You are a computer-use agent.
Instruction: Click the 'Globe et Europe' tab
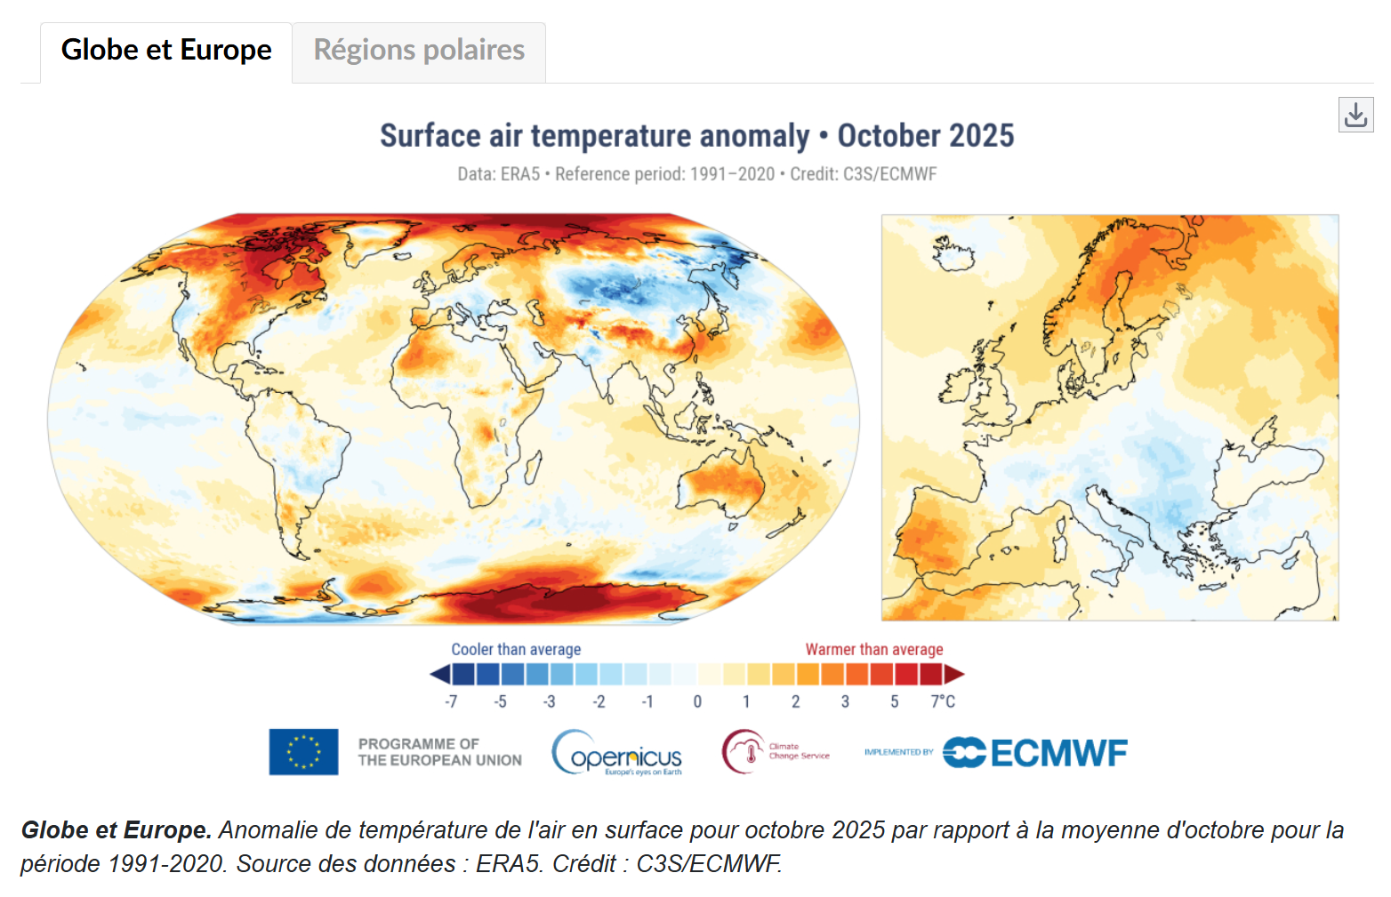pos(166,51)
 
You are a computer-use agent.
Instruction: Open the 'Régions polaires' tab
pos(419,51)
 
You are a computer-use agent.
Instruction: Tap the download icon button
pos(1355,116)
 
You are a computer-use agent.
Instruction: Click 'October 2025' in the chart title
pos(925,136)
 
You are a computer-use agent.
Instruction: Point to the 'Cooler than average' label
pos(516,650)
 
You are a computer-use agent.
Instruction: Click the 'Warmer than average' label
pos(873,650)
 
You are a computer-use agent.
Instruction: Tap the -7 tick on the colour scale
pos(451,701)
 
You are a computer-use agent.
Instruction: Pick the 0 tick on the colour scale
pos(697,701)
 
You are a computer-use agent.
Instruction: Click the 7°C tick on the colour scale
pos(943,701)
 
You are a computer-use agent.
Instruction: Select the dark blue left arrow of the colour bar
pos(439,675)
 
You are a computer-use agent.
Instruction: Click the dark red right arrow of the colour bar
pos(954,675)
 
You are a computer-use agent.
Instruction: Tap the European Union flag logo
pos(303,752)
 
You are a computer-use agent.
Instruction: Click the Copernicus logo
pos(617,753)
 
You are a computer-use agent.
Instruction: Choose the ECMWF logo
pos(1035,753)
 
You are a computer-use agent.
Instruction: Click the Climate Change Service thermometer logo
pos(744,752)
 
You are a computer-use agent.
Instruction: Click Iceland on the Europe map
pos(954,255)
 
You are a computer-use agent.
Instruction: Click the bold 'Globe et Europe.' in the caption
pos(117,830)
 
